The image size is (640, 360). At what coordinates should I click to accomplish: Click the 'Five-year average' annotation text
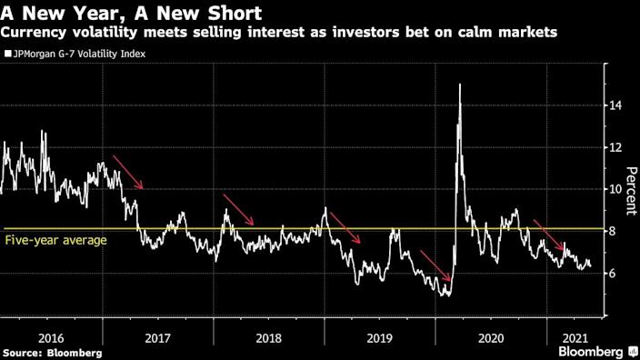(56, 240)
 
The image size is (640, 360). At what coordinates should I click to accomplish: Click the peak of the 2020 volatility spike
(460, 85)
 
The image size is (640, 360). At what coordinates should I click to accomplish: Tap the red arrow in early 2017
(128, 172)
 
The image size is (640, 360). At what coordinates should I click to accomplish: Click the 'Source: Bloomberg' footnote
(52, 352)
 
